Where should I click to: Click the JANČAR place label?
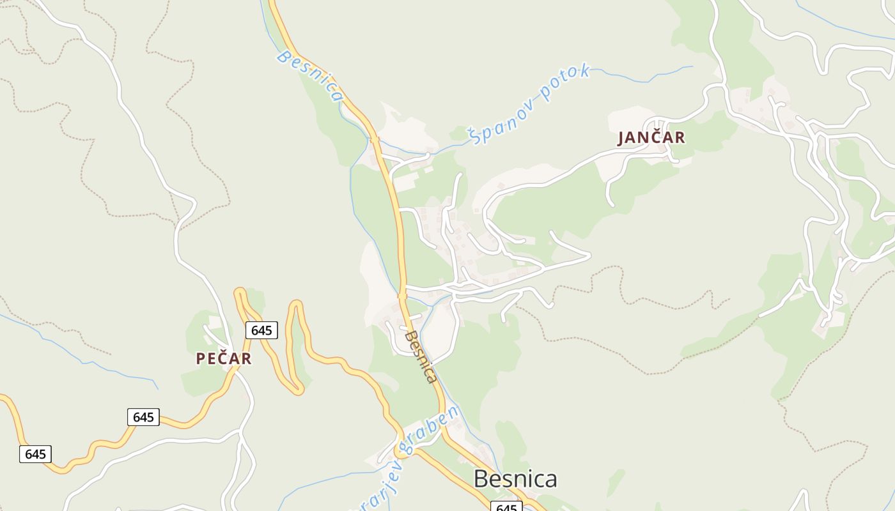pyautogui.click(x=651, y=137)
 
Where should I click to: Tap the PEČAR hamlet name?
pyautogui.click(x=224, y=359)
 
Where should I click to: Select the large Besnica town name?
pyautogui.click(x=515, y=478)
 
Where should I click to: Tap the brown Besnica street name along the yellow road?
pyautogui.click(x=421, y=356)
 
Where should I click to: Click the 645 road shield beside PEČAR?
pyautogui.click(x=261, y=330)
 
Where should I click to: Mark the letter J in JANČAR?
pyautogui.click(x=621, y=138)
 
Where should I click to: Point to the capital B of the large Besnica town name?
pyautogui.click(x=480, y=479)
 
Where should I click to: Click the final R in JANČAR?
pyautogui.click(x=680, y=137)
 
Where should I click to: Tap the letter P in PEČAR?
pyautogui.click(x=201, y=359)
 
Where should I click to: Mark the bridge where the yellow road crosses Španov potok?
pyautogui.click(x=375, y=139)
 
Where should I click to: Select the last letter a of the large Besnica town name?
pyautogui.click(x=550, y=479)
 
